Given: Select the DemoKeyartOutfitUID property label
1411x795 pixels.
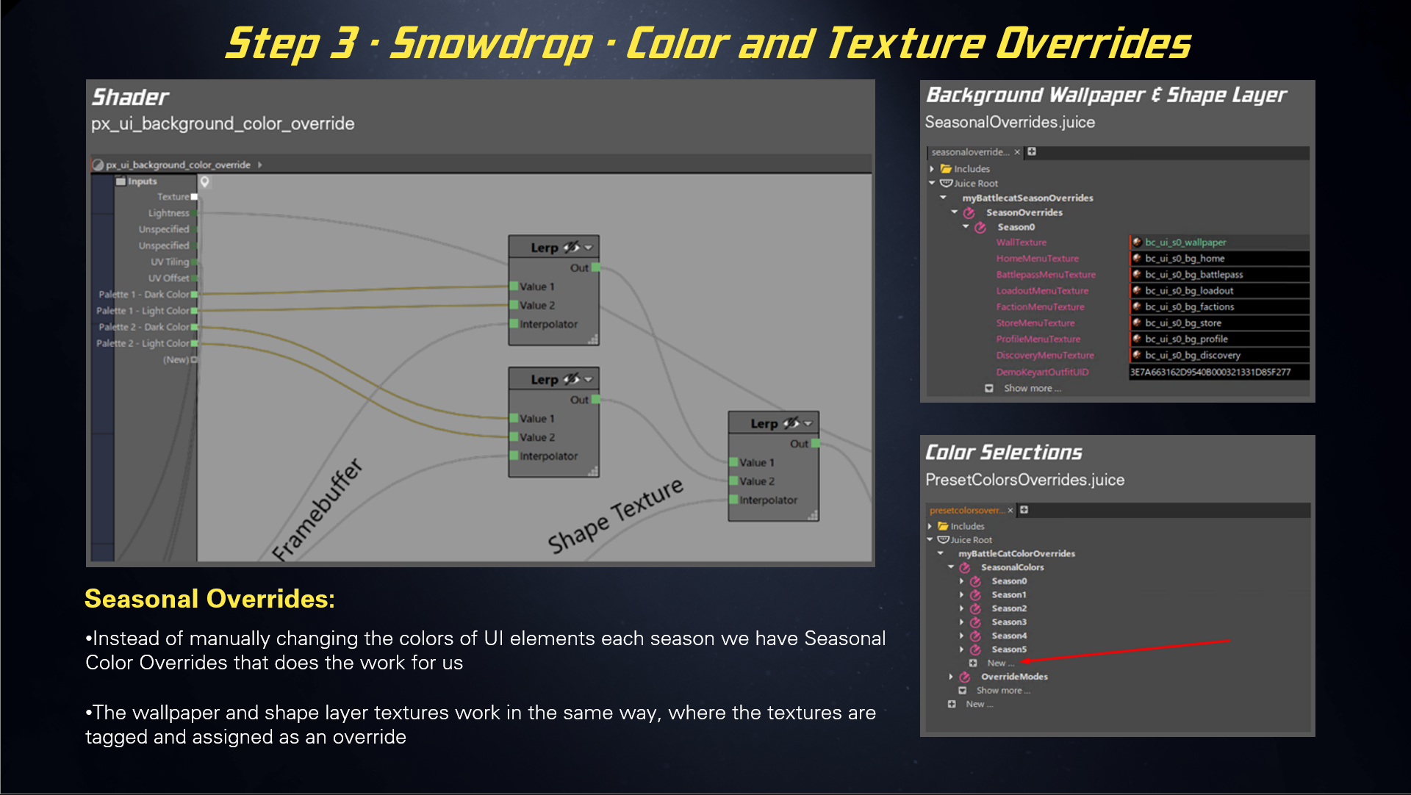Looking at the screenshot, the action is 1042,372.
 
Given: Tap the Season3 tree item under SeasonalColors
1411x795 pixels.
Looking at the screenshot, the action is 1008,622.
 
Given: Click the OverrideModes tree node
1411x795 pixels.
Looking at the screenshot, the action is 1013,677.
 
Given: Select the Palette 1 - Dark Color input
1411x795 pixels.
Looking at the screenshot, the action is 144,295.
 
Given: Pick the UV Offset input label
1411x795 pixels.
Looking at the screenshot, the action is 168,278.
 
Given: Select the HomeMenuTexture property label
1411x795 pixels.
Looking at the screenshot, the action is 1037,259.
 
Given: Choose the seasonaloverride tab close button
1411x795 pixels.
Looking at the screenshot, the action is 1017,152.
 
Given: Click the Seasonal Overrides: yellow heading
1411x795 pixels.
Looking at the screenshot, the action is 209,599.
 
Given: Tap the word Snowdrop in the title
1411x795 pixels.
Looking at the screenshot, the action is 490,44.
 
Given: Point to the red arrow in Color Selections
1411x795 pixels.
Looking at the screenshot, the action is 1124,651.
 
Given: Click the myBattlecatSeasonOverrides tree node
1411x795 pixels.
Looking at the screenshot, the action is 1027,198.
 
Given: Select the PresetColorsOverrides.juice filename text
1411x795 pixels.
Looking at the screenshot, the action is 1024,480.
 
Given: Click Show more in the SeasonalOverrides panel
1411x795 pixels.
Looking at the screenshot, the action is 1032,389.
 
